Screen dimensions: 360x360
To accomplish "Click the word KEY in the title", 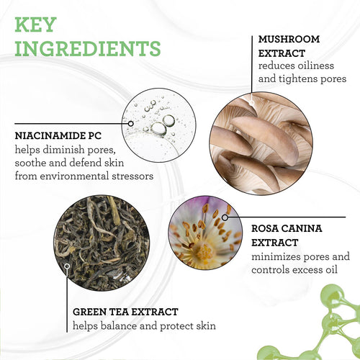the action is (35, 24).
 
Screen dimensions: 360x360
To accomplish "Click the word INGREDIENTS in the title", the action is (88, 48).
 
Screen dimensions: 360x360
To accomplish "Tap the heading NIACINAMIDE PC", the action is (58, 136).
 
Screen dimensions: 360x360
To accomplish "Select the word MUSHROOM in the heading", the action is (289, 39).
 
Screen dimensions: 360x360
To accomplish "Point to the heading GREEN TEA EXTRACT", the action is (125, 312).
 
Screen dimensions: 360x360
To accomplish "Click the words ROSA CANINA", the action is (287, 228).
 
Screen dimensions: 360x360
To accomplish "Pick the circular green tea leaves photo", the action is (102, 243).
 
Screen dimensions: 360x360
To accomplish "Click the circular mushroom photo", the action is (261, 143).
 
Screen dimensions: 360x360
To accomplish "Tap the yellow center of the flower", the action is (204, 251).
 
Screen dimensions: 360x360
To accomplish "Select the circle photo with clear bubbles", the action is (159, 125).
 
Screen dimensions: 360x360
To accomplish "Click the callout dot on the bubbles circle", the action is (131, 124).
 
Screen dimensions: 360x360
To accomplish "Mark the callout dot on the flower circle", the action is (225, 217).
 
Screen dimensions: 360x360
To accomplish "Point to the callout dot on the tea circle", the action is (67, 266).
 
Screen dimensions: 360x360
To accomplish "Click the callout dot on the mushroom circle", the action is (251, 103).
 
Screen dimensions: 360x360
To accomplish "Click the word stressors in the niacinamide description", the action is (132, 176).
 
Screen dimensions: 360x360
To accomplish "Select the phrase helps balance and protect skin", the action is (144, 326).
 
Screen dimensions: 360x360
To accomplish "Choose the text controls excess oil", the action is (294, 270).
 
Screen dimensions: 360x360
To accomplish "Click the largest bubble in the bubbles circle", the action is (158, 129).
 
